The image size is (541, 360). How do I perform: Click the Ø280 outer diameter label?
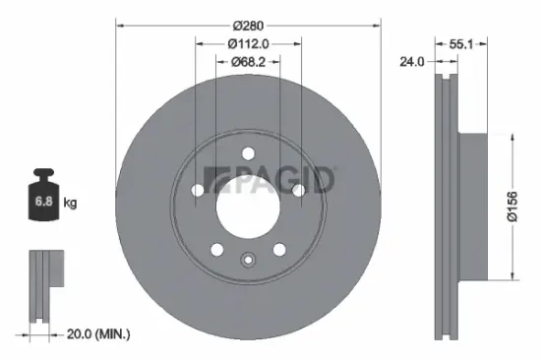[x=248, y=25]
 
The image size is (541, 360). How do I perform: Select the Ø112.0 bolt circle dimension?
[x=248, y=42]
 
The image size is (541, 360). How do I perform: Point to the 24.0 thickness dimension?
[x=412, y=60]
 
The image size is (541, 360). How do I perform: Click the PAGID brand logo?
[x=269, y=180]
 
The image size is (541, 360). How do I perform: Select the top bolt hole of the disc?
[x=248, y=152]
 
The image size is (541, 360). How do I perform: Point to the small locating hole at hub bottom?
[x=248, y=261]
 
